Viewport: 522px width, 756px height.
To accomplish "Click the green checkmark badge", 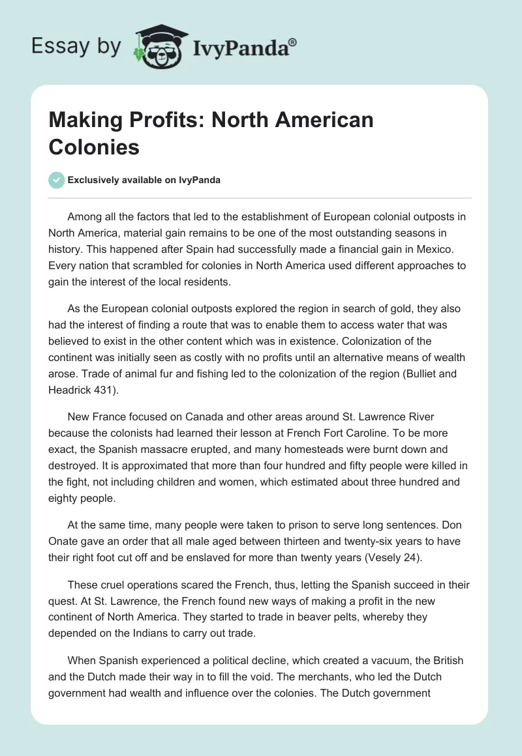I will [x=57, y=180].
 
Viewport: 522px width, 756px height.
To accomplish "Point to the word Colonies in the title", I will [x=94, y=147].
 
